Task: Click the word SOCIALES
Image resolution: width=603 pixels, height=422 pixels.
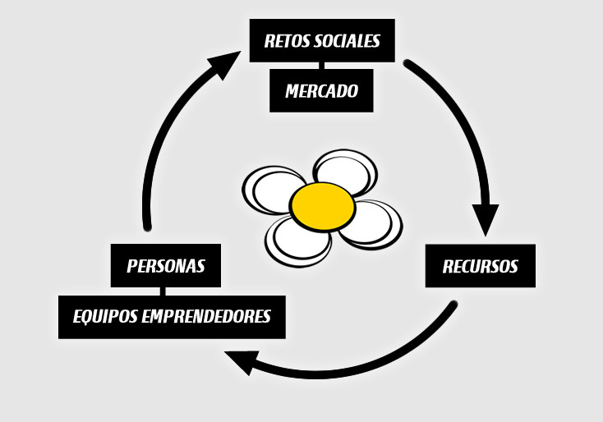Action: point(348,41)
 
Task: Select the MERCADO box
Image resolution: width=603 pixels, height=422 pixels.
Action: point(321,90)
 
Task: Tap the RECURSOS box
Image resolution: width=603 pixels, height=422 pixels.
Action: point(481,266)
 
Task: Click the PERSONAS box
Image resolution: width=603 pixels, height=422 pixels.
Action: point(166,265)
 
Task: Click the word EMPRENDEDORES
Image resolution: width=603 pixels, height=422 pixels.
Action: point(206,316)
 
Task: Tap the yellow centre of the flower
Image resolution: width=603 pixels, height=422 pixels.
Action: point(323,207)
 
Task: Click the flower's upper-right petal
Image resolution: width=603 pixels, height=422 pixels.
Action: point(346,171)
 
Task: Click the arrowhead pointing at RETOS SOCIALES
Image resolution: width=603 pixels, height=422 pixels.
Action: point(226,62)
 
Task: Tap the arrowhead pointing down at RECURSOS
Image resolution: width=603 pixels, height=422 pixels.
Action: point(486,218)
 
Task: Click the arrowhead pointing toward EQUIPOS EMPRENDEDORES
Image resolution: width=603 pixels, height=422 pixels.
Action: point(242,362)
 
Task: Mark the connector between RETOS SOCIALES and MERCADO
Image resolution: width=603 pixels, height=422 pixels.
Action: point(321,66)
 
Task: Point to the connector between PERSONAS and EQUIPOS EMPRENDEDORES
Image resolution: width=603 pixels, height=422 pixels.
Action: point(163,291)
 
